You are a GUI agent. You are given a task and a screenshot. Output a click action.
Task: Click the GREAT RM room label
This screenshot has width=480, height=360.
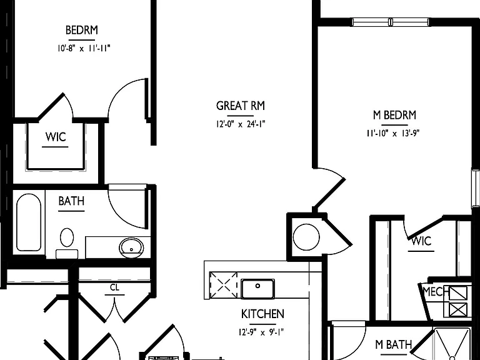[x=240, y=106]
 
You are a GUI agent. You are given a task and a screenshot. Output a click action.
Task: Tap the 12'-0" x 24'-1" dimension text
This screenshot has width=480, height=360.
[x=241, y=124]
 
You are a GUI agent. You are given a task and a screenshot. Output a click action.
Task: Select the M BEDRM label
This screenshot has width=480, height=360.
[x=394, y=115]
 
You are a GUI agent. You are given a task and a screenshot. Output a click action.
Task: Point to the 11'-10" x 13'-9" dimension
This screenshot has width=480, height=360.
[x=393, y=133]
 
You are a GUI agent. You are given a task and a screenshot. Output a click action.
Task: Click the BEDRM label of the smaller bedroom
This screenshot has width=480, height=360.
[x=82, y=30]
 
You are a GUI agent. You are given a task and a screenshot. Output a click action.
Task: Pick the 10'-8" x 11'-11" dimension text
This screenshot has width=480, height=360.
[x=84, y=48]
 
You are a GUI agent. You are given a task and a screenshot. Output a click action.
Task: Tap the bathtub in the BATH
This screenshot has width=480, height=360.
[x=29, y=222]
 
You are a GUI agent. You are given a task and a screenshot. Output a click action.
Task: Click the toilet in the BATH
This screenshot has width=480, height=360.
[x=67, y=242]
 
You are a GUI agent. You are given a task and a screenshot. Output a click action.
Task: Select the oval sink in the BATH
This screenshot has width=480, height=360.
[x=131, y=247]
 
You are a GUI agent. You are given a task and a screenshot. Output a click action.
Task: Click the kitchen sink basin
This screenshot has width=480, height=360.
[x=257, y=288]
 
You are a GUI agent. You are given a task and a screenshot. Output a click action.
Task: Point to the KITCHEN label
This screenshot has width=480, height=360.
[x=262, y=314]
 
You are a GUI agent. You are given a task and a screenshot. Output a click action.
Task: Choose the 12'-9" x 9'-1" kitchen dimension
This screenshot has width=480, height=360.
[x=261, y=332]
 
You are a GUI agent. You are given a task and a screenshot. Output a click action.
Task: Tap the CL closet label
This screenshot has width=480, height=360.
[x=114, y=287]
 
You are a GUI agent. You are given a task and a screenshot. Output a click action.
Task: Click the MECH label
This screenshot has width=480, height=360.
[x=436, y=291]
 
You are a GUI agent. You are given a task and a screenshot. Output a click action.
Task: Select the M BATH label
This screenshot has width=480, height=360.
[x=394, y=344]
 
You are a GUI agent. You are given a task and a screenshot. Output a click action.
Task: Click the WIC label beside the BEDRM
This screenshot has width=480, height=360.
[x=56, y=137]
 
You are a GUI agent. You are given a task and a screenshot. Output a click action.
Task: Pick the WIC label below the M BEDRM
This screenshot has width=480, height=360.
[x=421, y=241]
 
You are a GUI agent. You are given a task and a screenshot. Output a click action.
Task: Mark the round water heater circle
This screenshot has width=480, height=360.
[x=306, y=237]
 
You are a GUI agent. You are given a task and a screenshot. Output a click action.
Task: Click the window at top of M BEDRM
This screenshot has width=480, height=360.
[x=391, y=22]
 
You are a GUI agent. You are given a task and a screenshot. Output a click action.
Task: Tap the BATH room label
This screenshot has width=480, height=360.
[x=71, y=201]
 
